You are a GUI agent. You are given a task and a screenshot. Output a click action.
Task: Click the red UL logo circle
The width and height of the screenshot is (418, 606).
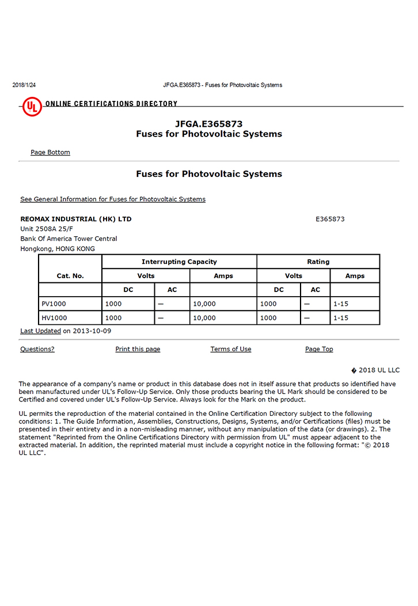(x=32, y=106)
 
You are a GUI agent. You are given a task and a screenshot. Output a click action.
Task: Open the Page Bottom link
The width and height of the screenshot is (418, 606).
(x=50, y=152)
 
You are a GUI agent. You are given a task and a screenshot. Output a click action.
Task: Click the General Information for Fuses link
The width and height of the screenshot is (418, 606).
(x=112, y=199)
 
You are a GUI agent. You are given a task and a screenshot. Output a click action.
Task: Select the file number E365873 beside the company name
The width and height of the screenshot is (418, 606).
(x=330, y=219)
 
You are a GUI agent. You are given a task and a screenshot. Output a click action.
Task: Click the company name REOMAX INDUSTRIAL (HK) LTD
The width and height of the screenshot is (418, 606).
(x=75, y=219)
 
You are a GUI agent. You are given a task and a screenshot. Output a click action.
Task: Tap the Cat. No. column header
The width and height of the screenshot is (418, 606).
(x=70, y=275)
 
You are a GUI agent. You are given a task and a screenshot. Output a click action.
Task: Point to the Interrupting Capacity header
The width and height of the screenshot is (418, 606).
(x=179, y=262)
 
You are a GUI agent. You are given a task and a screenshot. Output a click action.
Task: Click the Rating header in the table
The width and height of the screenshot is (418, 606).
(x=318, y=262)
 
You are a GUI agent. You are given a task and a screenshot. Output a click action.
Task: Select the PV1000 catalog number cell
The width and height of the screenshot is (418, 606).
(x=54, y=304)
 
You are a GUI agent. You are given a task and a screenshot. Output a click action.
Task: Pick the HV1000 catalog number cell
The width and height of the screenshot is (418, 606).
(x=54, y=317)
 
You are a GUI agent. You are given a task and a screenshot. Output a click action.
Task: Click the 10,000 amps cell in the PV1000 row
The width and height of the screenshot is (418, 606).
(x=204, y=304)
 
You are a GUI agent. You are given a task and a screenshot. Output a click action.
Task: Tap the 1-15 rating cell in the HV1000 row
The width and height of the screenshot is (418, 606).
(x=341, y=317)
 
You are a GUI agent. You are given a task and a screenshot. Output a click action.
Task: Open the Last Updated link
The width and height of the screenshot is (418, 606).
(x=40, y=331)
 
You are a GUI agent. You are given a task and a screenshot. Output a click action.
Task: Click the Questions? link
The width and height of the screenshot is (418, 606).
(x=37, y=349)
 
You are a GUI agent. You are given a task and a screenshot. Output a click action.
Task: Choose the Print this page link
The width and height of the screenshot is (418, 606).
(x=138, y=349)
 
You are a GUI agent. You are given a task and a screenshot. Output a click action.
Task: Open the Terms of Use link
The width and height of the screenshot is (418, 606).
(x=230, y=349)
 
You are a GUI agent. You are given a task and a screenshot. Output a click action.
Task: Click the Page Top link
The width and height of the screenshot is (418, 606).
(x=319, y=349)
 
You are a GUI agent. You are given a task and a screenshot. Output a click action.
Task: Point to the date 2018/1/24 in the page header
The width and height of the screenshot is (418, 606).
(x=24, y=85)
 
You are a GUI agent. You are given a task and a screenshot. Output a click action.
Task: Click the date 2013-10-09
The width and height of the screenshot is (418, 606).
(x=92, y=331)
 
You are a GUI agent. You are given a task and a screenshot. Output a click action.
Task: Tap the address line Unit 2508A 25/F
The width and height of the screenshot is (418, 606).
(x=47, y=229)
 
